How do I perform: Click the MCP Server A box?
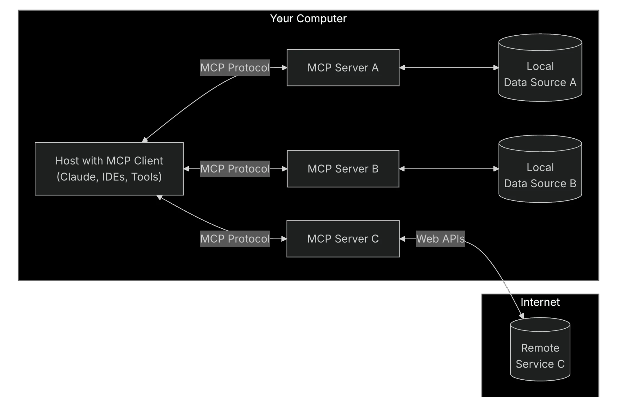343,67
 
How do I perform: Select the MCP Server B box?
343,169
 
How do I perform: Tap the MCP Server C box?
343,239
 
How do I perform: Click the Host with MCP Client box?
109,169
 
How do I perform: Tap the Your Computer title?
308,19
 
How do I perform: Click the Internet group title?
540,302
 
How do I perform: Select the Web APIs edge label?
440,239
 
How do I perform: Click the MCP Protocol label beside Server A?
235,67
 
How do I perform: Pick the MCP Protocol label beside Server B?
235,169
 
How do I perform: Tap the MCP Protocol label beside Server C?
235,239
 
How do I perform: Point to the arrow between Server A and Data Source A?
449,67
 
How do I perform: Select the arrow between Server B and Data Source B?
449,169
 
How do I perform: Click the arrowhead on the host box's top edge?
145,140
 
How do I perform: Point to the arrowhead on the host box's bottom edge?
159,197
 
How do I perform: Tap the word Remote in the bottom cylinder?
540,348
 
